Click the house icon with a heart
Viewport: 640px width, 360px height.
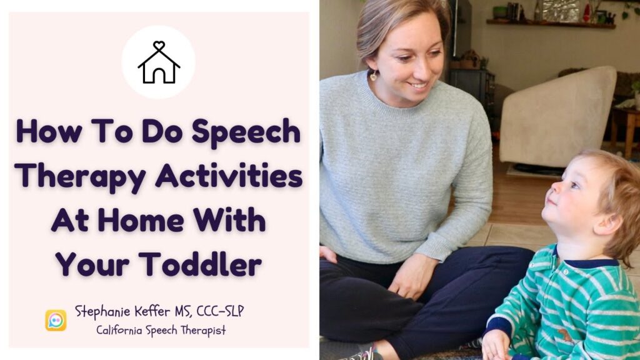pos(158,62)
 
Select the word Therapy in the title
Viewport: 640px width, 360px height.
pos(81,176)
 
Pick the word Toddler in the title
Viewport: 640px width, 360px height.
pos(200,265)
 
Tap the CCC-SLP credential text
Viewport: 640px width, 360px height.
pos(211,311)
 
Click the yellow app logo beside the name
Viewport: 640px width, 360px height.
pos(56,320)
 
